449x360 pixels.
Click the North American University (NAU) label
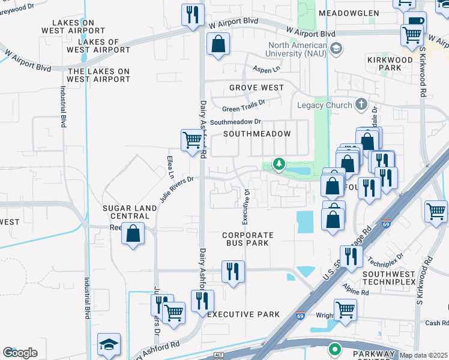(x=298, y=49)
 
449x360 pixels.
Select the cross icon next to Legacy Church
(x=361, y=105)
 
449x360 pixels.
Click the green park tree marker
(x=279, y=163)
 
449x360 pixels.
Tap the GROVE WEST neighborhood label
(x=256, y=88)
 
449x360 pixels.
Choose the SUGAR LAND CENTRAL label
(x=129, y=212)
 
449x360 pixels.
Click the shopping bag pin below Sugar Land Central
(x=133, y=233)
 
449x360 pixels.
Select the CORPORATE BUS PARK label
(x=248, y=239)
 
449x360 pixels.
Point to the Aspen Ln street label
(x=266, y=70)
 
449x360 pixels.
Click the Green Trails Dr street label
(x=244, y=106)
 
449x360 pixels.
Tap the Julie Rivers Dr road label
(x=176, y=188)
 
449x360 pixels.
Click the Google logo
(x=20, y=353)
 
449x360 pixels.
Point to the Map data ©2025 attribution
(x=423, y=355)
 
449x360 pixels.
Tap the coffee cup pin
(x=415, y=21)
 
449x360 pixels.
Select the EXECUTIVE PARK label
(x=243, y=314)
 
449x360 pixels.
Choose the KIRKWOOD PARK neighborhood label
(x=390, y=64)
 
